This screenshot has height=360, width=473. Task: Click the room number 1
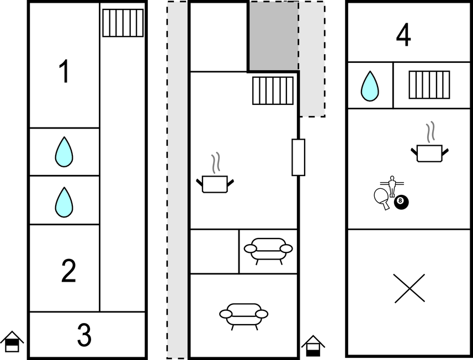click(x=64, y=71)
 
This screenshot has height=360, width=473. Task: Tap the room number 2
click(x=68, y=271)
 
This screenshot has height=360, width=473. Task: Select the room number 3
click(x=84, y=335)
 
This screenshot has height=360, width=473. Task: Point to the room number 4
click(x=403, y=35)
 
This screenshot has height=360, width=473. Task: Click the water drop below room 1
click(x=64, y=152)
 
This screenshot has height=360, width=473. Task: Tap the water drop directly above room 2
click(x=64, y=202)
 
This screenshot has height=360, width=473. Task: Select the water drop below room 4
click(x=370, y=86)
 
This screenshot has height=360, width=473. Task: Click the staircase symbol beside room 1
click(x=123, y=23)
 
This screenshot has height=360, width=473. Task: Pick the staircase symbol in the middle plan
click(x=273, y=91)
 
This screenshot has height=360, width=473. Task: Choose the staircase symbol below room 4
click(x=429, y=85)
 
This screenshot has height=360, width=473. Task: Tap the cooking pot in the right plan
click(x=429, y=142)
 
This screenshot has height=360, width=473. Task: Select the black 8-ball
click(x=401, y=202)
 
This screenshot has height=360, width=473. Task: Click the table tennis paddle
click(x=382, y=198)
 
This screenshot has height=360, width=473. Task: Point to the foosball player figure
click(x=392, y=186)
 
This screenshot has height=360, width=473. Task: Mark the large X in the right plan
click(x=410, y=288)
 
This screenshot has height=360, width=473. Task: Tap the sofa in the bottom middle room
click(x=244, y=316)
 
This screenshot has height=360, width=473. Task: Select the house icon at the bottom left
click(x=12, y=341)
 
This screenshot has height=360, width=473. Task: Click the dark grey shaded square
click(x=273, y=36)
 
